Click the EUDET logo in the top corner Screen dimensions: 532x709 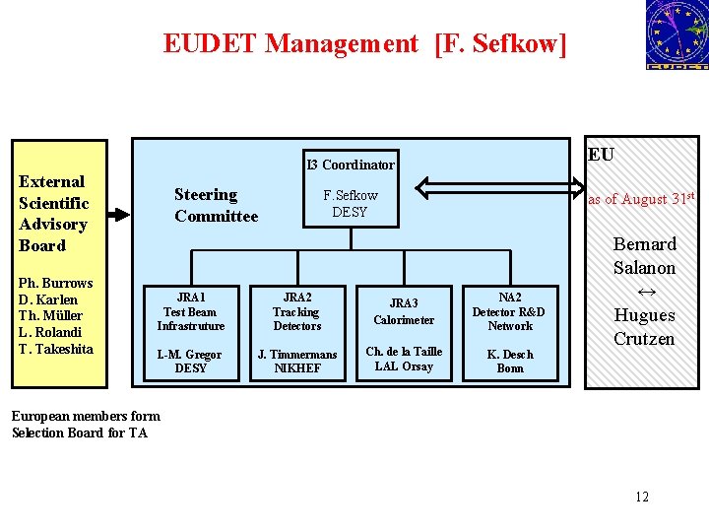[677, 34]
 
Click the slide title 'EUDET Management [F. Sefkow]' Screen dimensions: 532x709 [365, 43]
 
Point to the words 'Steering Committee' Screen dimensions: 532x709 [216, 206]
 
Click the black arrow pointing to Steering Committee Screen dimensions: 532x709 [117, 213]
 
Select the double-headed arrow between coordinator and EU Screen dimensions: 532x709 [500, 187]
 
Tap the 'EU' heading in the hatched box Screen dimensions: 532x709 [601, 155]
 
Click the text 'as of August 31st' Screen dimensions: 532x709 [642, 199]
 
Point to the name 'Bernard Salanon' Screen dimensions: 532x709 [645, 256]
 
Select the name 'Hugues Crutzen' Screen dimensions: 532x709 [645, 327]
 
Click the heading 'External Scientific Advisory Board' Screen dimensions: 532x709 [54, 214]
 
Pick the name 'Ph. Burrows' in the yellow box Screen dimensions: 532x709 [56, 283]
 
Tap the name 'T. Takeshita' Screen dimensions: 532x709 [56, 349]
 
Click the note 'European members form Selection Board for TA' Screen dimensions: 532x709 [86, 425]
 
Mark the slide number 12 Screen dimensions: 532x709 [642, 497]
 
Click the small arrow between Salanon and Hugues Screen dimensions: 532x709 [646, 293]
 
